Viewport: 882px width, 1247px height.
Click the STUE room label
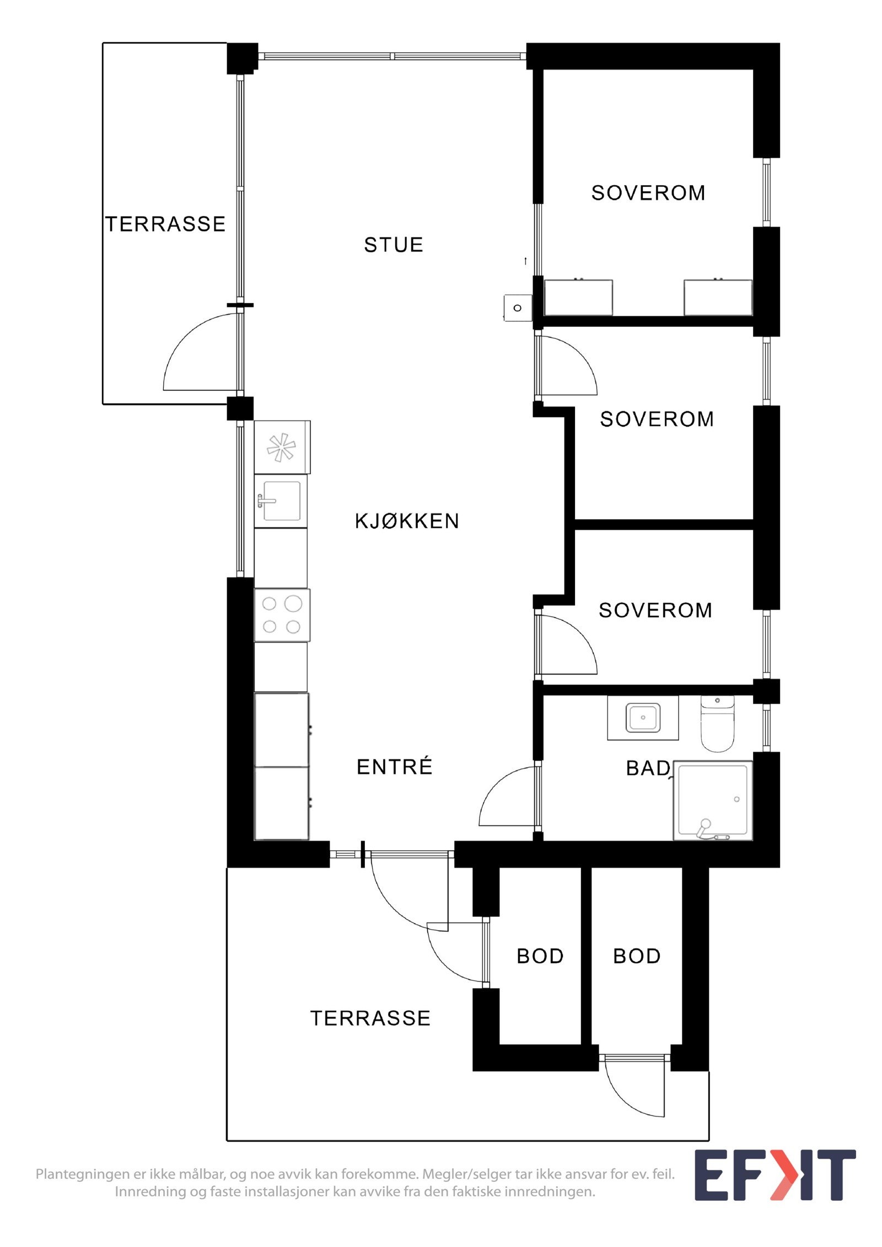point(393,245)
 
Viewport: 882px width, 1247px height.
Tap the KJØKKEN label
point(407,521)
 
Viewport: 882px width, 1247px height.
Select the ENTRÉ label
point(394,766)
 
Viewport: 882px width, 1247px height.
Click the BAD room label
point(648,768)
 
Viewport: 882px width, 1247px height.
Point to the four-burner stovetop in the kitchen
point(281,615)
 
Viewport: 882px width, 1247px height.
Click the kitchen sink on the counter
point(281,501)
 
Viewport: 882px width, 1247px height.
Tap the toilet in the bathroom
point(717,724)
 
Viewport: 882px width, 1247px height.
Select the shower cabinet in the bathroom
point(713,800)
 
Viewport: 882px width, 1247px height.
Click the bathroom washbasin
point(643,717)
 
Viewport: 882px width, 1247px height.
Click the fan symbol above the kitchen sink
point(281,447)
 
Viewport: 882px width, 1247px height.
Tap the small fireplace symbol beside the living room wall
point(517,308)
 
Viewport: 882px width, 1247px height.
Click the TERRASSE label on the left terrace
point(165,224)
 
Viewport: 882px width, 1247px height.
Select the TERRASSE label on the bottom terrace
point(370,1018)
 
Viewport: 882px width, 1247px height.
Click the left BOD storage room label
point(540,956)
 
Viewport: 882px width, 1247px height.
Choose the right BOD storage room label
point(637,956)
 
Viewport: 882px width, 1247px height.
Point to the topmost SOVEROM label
point(648,193)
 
